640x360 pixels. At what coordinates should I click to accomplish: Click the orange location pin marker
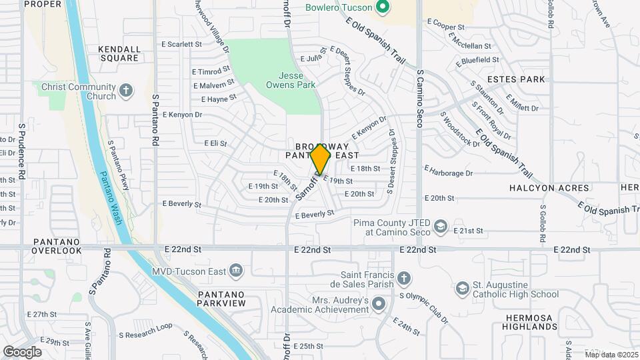[321, 159]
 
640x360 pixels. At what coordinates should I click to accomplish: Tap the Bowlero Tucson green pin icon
[382, 9]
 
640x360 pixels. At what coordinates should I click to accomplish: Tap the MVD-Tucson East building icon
[235, 270]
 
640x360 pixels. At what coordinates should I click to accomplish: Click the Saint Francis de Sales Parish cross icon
[404, 278]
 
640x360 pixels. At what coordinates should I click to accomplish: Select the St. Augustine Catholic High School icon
[462, 289]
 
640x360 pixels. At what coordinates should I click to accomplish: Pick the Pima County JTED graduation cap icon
[440, 227]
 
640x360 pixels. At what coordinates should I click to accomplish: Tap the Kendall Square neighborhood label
[119, 53]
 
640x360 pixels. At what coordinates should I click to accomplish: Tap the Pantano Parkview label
[221, 299]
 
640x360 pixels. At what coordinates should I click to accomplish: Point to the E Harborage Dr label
[448, 173]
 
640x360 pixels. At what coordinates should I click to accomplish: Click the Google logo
[22, 351]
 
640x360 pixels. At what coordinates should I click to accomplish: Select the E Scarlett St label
[181, 44]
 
